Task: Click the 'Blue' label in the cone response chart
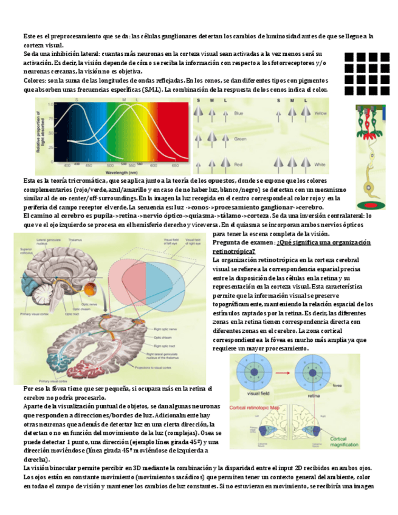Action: coord(239,114)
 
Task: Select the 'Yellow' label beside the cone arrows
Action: coord(321,114)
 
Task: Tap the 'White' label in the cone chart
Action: coord(320,164)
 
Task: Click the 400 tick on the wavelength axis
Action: coord(67,165)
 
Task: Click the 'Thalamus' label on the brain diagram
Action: coord(75,240)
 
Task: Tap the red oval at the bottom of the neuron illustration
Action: coord(370,205)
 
